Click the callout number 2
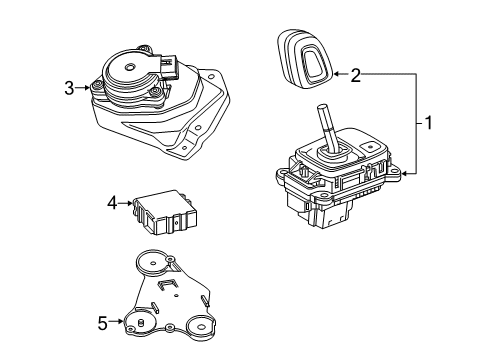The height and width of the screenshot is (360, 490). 356,73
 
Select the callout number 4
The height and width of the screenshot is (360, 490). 113,204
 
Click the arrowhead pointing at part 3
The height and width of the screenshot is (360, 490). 91,88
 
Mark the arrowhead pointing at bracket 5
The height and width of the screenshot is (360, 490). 124,322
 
